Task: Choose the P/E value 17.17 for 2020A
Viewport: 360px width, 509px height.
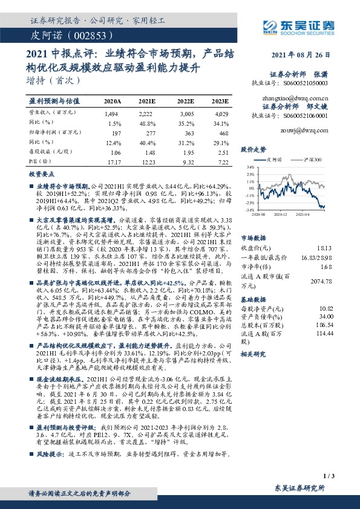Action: point(114,162)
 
